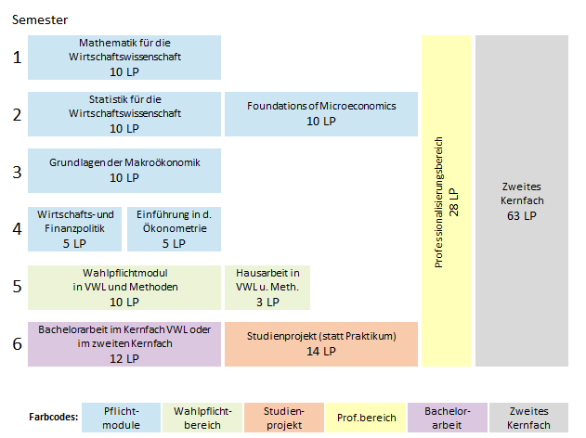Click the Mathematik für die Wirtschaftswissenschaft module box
coord(124,58)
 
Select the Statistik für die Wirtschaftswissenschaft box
coord(124,114)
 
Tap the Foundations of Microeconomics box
coord(321,114)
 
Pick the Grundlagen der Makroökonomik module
coord(124,171)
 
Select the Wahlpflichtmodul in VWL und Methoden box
coord(124,287)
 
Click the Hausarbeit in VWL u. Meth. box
coord(267,287)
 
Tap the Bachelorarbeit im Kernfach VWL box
coord(124,344)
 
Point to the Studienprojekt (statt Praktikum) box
coord(321,344)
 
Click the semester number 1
coord(17,58)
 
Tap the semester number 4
coord(17,228)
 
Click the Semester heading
coord(38,19)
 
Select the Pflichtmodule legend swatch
coord(121,418)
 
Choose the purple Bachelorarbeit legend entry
coord(448,418)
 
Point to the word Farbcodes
coord(46,418)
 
